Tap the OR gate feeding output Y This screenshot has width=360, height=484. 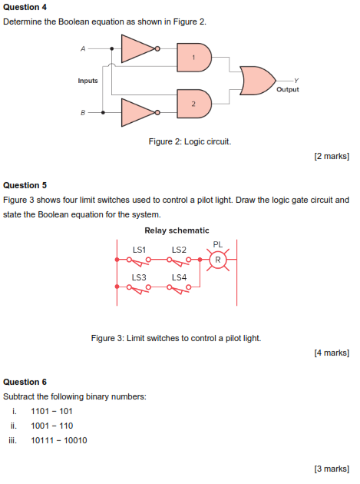coord(258,80)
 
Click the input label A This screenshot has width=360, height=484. coord(83,48)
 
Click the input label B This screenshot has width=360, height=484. coord(83,113)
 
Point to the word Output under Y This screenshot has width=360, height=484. coord(288,89)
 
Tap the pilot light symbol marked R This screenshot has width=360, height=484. coord(218,260)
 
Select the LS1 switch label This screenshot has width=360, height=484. coord(139,250)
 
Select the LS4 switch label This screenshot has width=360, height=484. coord(179,277)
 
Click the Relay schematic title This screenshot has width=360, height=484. coord(177,230)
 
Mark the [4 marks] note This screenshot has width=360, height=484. coord(332,353)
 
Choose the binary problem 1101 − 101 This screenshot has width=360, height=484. coord(51,411)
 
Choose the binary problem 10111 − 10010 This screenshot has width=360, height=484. coord(58,440)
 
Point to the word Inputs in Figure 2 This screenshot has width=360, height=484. coord(88,81)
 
